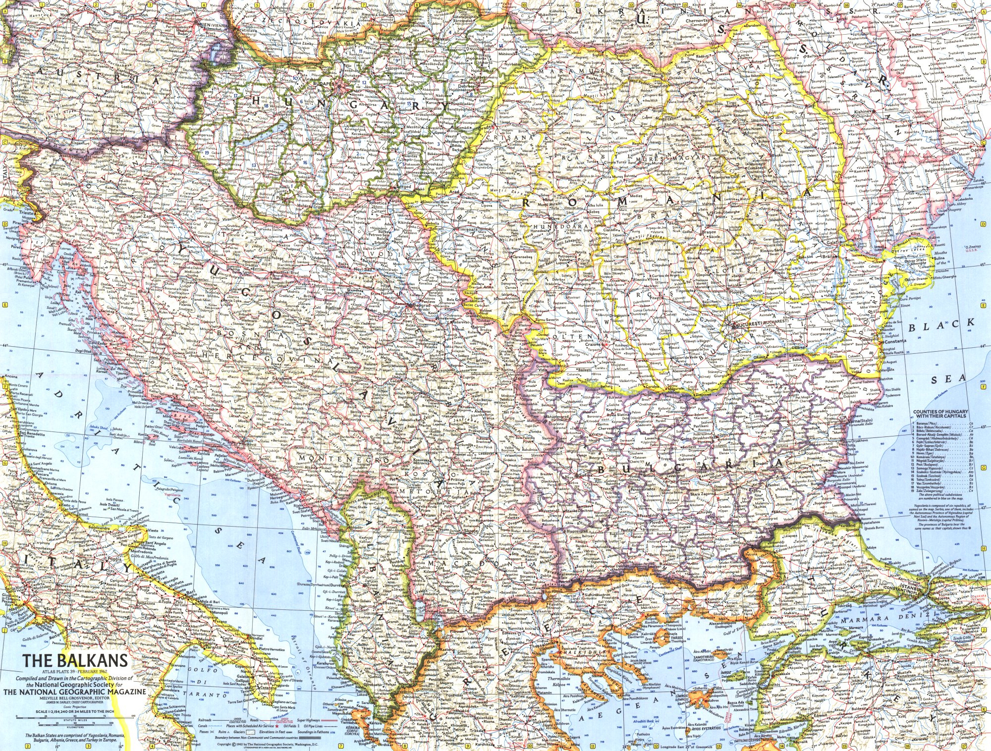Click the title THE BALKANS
74,660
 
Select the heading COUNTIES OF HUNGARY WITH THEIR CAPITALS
940,414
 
